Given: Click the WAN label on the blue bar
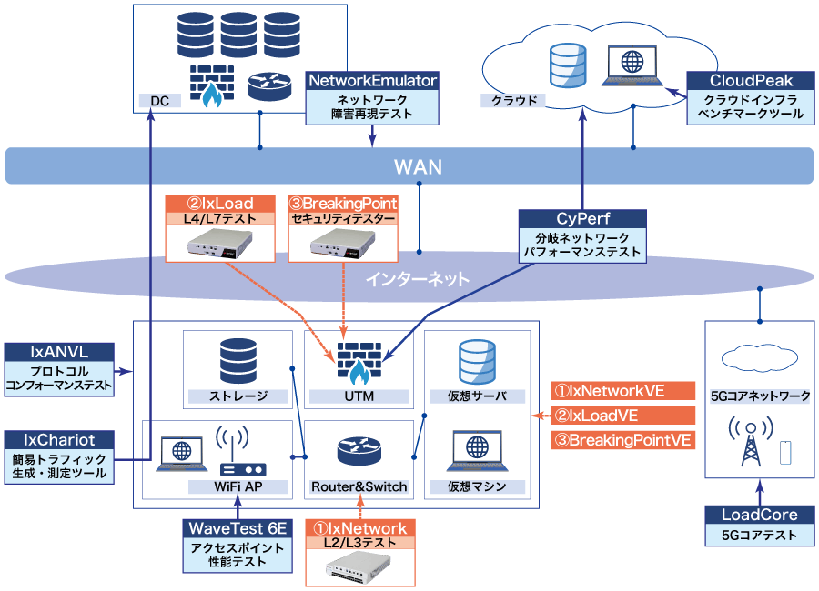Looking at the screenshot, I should click(x=418, y=166).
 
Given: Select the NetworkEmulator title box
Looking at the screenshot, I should click(x=373, y=81).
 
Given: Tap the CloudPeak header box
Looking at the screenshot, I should click(x=746, y=81).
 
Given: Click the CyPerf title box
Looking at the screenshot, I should click(x=582, y=219).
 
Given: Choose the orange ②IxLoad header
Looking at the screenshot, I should click(x=221, y=203).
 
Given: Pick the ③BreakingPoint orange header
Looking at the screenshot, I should click(x=342, y=203).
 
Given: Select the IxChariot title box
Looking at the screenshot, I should click(x=59, y=439).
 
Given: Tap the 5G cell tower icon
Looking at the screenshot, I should click(x=752, y=441).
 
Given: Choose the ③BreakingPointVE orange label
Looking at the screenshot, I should click(x=622, y=440).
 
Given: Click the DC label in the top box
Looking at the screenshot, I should click(x=159, y=101).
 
